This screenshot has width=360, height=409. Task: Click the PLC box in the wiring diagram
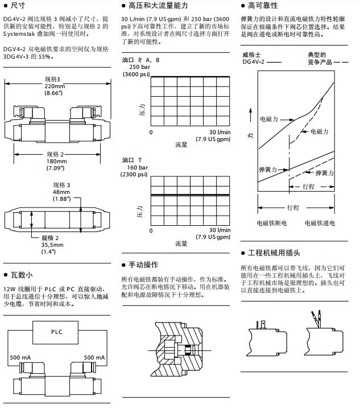pos(56,332)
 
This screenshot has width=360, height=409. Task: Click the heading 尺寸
pos(18,5)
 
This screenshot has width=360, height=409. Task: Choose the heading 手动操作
pos(143,265)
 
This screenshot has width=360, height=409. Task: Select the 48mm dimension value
pos(61,192)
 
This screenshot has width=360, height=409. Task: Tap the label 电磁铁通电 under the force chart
pos(320,224)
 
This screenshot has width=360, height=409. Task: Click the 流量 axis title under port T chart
pos(181,243)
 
